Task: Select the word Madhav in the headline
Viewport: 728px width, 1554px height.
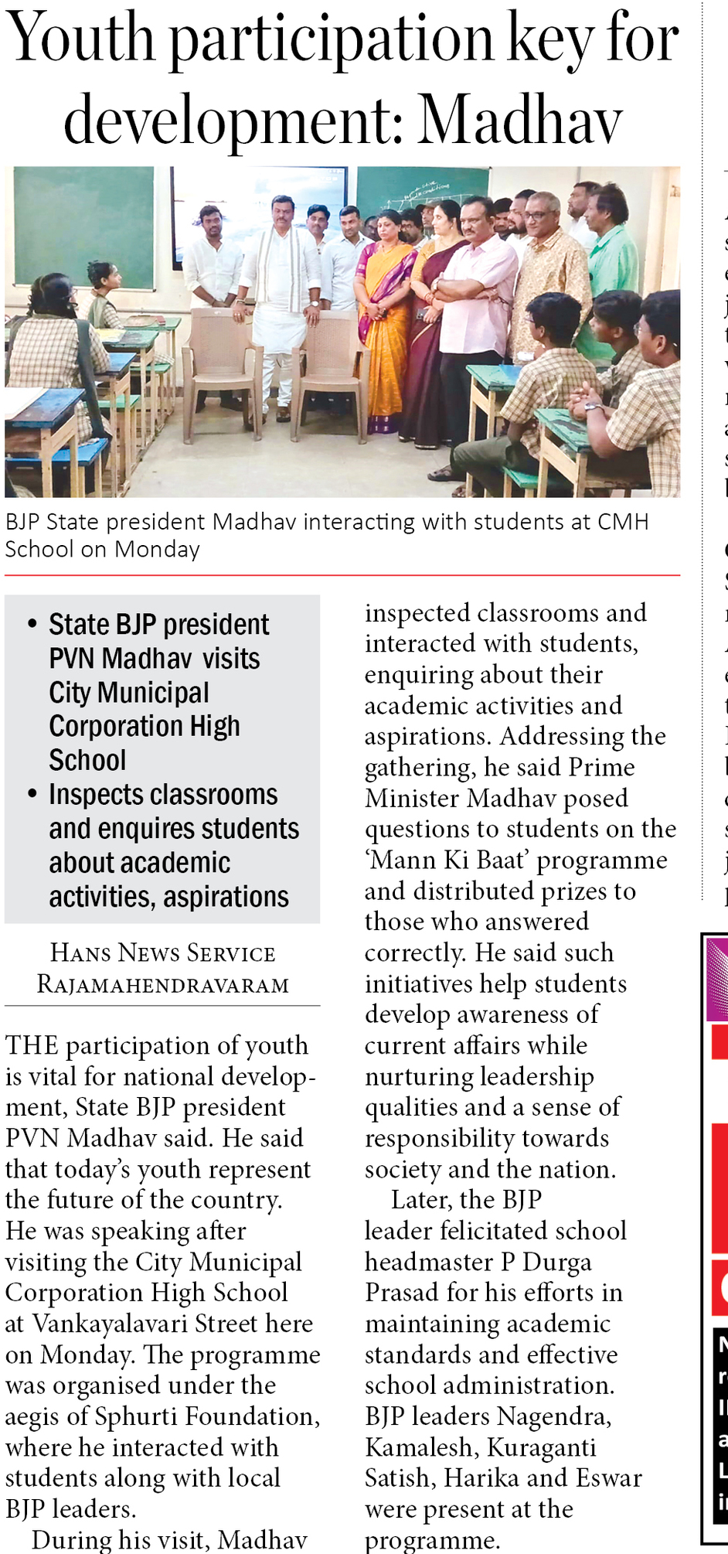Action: (520, 121)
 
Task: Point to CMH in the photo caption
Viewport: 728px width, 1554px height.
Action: (623, 522)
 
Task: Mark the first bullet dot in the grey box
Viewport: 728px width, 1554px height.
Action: (32, 623)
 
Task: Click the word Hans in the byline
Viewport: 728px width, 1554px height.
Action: (80, 953)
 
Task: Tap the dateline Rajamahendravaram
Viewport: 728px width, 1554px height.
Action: (163, 985)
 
